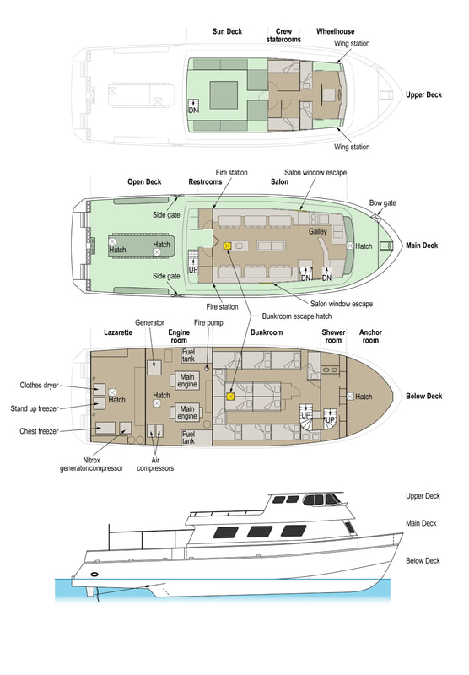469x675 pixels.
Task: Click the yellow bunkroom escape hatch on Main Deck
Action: [228, 246]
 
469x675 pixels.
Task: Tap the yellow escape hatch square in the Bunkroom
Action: [230, 397]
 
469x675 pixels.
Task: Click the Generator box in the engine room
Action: [154, 367]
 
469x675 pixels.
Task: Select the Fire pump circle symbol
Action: [207, 368]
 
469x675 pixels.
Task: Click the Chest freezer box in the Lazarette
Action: [105, 428]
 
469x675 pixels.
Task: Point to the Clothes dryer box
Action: [100, 389]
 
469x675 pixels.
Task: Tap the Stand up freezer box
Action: [100, 403]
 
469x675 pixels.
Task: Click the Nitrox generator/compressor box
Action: [125, 428]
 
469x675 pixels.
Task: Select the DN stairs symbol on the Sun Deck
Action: [194, 106]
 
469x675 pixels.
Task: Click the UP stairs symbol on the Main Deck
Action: [194, 262]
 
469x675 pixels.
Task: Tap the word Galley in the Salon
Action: [317, 231]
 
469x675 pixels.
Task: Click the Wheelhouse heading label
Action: [335, 31]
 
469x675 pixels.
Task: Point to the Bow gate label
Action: [382, 202]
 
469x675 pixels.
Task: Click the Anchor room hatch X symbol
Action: [350, 396]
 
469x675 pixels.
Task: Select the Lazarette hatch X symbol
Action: [112, 392]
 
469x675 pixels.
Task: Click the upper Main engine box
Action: [187, 381]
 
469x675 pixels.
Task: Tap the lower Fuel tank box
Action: [196, 437]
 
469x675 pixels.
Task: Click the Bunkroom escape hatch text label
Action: [297, 316]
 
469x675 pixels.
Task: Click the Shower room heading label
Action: [333, 336]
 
